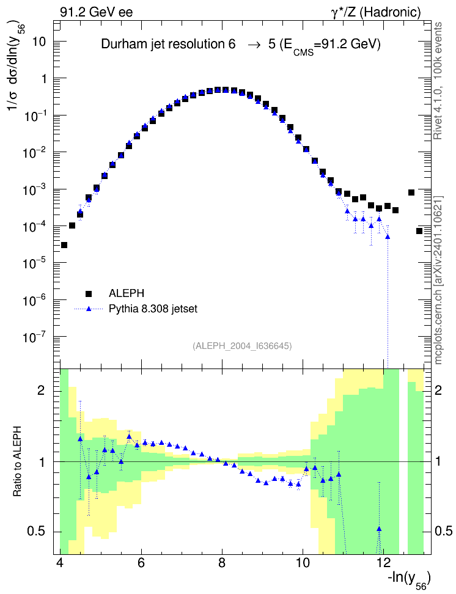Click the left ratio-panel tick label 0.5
click(37, 532)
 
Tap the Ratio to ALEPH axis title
click(18, 462)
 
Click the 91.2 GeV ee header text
click(97, 12)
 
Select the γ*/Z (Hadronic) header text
click(376, 12)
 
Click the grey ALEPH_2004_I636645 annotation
click(242, 346)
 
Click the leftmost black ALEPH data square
click(64, 245)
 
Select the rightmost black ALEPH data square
click(419, 231)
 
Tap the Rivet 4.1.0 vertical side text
click(438, 81)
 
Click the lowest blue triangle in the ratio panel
click(379, 529)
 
